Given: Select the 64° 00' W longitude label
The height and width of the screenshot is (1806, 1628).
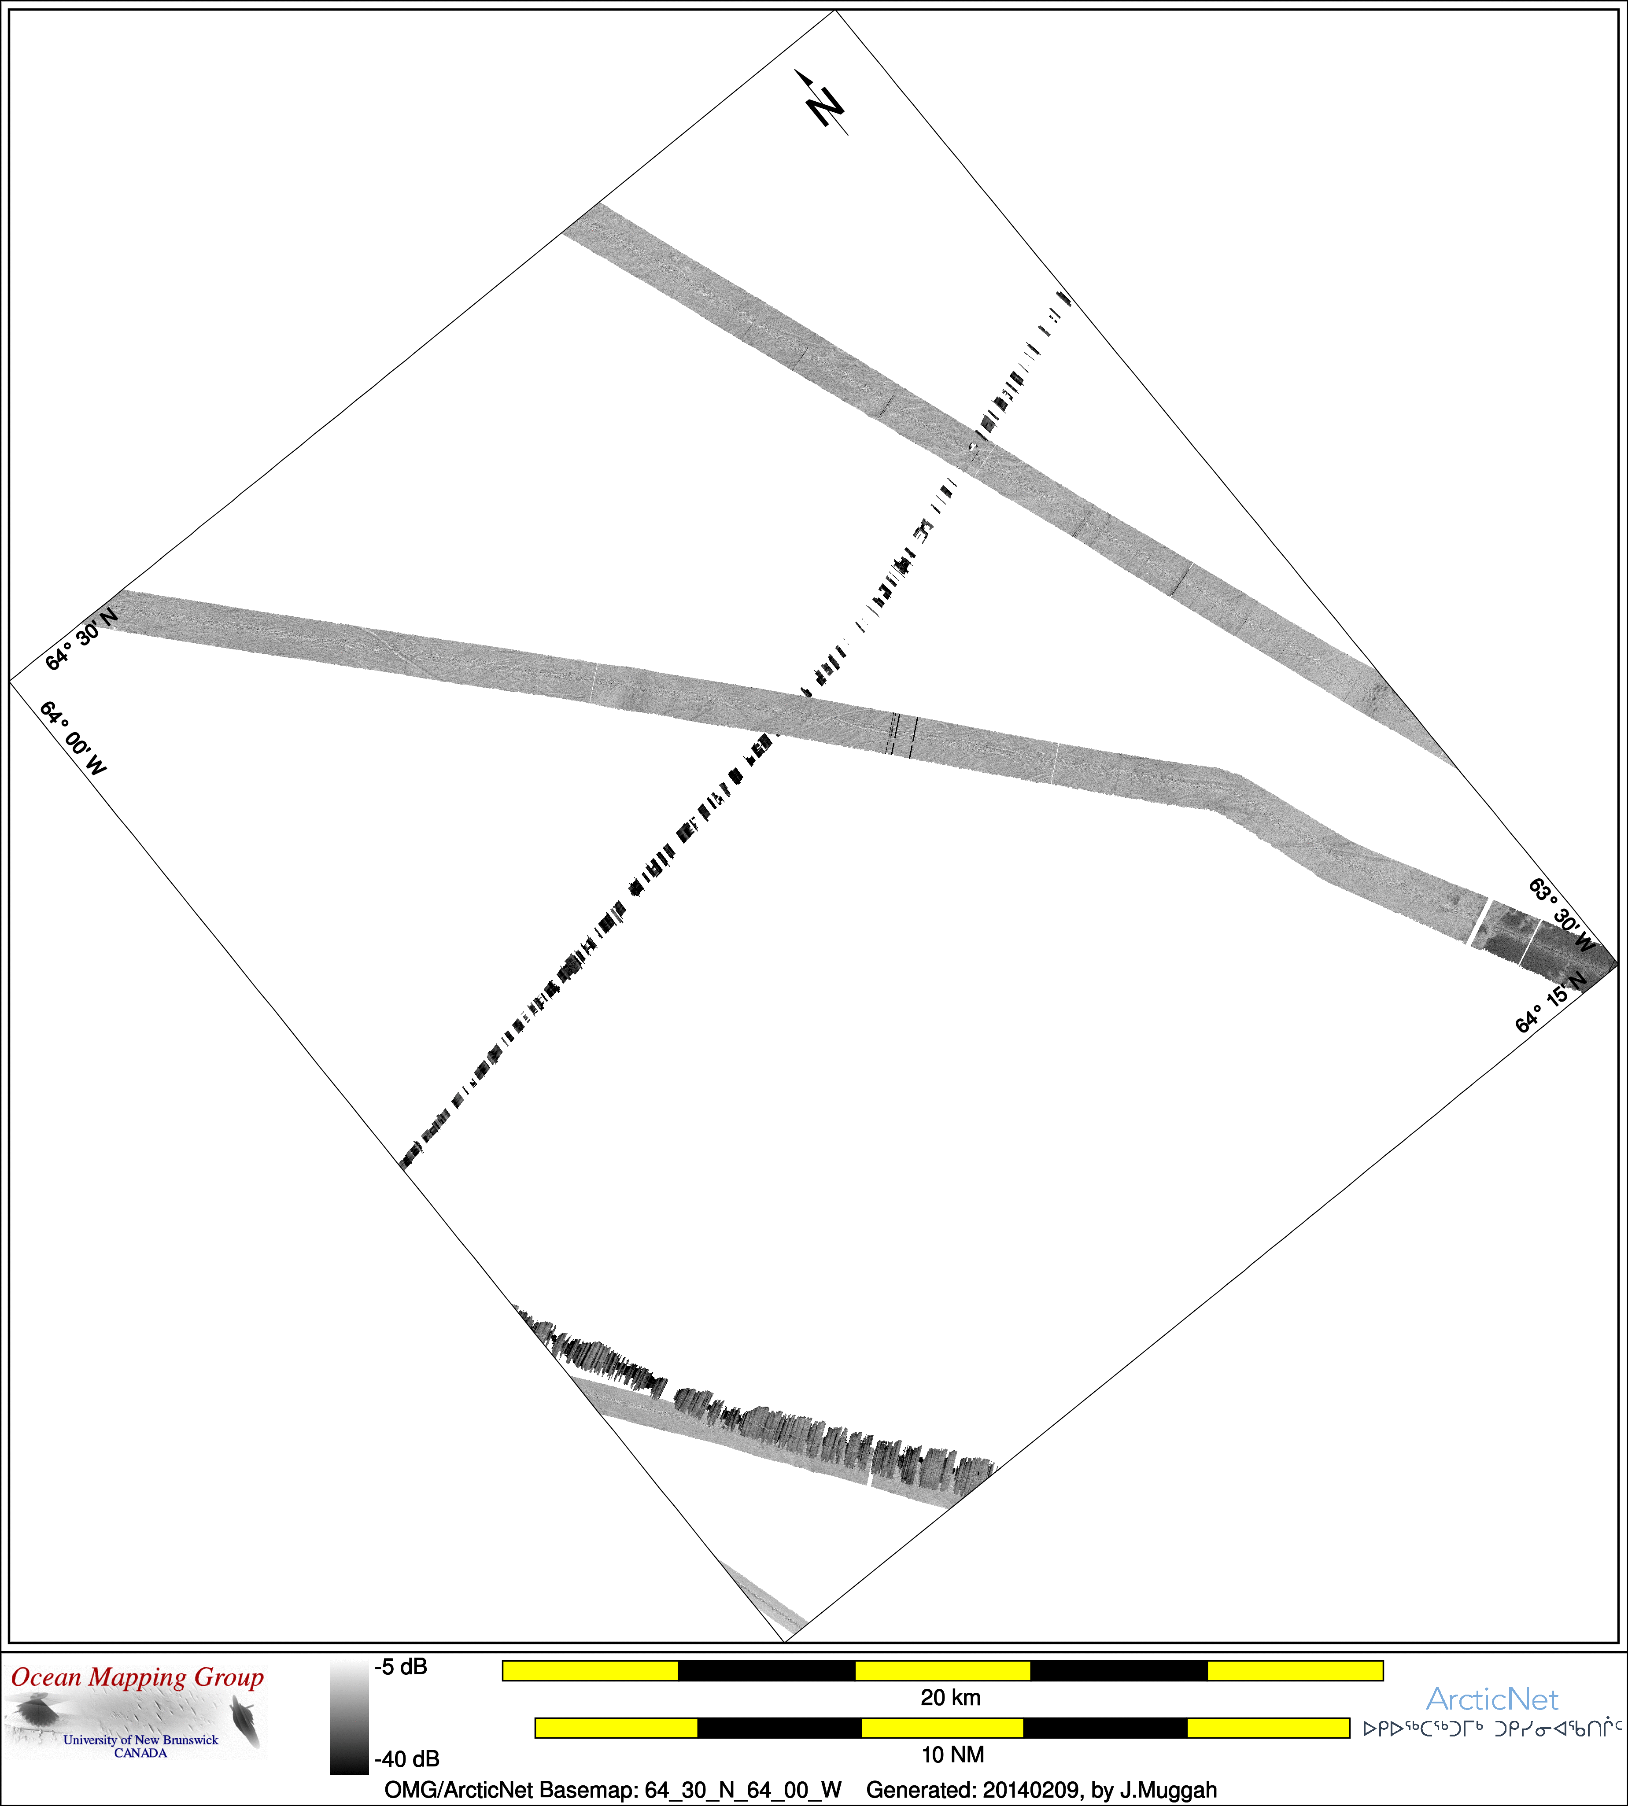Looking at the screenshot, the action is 73,738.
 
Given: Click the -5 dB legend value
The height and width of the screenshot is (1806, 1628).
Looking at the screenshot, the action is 401,1666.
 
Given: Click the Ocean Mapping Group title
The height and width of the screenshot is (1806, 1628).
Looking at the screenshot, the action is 138,1677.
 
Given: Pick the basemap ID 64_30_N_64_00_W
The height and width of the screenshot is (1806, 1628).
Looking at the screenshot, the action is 743,1790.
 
